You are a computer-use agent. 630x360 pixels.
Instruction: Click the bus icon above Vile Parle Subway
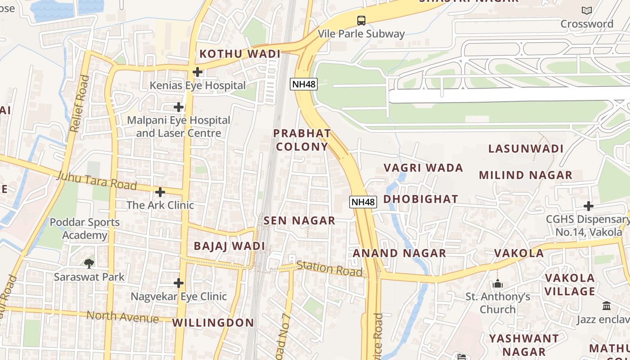pos(361,20)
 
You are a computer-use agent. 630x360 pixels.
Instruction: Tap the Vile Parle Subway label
pos(361,34)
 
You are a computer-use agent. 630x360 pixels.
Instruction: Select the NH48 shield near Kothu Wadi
pos(304,84)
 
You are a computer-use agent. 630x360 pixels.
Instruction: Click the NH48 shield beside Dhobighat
pos(363,202)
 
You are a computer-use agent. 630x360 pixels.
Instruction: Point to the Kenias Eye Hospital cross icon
pos(197,72)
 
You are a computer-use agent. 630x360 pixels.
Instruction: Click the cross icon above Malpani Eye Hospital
pos(179,107)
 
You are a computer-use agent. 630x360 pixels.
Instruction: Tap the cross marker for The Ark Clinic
pos(160,192)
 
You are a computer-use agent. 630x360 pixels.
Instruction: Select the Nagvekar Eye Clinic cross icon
pos(179,283)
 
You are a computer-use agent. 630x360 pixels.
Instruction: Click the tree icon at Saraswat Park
pos(89,263)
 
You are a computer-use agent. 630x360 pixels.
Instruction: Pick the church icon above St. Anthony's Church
pos(497,283)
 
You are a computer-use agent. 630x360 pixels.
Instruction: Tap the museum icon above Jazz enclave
pos(607,306)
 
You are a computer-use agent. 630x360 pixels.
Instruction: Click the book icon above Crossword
pos(586,10)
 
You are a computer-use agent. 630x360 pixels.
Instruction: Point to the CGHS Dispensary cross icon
pos(589,206)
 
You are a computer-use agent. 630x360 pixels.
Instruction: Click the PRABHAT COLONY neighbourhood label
pos(302,140)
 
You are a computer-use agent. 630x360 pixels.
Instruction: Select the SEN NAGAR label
pos(299,220)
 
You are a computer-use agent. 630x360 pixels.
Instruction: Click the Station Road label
pos(329,269)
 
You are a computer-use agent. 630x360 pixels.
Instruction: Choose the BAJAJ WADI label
pos(229,246)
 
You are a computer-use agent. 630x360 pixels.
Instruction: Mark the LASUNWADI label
pos(526,149)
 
